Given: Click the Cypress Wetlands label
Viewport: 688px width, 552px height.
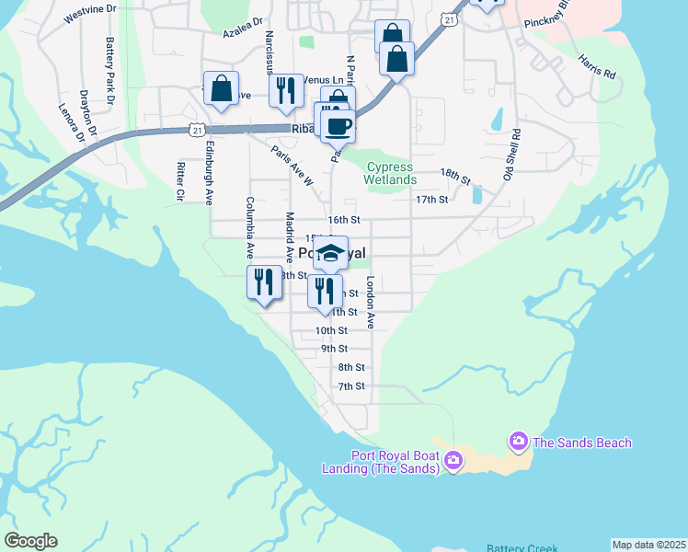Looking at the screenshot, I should click(391, 173).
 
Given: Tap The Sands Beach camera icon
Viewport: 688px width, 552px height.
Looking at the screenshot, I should click(519, 443).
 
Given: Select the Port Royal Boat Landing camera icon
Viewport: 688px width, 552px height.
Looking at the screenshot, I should click(453, 460).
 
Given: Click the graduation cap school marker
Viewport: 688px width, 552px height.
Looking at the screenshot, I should click(331, 253).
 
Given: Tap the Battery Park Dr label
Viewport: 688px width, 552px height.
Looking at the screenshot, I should click(109, 59).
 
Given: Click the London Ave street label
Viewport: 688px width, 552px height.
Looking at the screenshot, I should click(371, 303).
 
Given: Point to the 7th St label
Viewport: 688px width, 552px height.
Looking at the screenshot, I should click(351, 386).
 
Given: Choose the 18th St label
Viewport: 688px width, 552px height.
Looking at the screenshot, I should click(454, 174).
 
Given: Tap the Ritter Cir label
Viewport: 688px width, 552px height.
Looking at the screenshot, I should click(179, 181).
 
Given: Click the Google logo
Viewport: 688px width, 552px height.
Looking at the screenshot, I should click(30, 540).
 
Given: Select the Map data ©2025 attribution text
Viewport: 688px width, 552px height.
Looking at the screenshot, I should click(648, 545).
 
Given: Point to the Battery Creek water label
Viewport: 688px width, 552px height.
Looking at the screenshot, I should click(518, 546).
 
